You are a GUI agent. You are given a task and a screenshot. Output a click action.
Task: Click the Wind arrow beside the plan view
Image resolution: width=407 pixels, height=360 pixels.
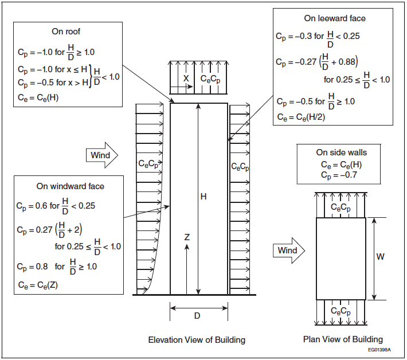[x=288, y=251]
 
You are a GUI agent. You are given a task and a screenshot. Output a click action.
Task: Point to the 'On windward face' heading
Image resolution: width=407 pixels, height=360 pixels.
[x=71, y=186]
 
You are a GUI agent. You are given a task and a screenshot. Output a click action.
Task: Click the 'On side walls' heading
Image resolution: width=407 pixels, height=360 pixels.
[x=342, y=152]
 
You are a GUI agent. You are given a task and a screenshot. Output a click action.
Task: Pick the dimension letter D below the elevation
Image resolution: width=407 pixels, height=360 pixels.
[x=197, y=315]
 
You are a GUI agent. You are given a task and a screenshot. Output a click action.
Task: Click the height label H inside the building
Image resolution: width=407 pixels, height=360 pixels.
[x=203, y=197]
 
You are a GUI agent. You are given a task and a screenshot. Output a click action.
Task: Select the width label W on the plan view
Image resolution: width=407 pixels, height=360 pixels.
[x=380, y=257]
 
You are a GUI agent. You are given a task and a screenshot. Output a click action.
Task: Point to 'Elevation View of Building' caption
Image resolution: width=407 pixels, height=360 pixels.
[x=197, y=339]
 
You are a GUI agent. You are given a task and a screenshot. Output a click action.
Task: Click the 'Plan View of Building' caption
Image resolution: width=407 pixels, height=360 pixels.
[x=343, y=339]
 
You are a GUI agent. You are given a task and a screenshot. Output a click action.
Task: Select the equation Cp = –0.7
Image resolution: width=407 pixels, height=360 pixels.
[x=339, y=175]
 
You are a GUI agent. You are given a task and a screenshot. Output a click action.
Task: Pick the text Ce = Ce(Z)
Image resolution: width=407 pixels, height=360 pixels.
[x=38, y=285]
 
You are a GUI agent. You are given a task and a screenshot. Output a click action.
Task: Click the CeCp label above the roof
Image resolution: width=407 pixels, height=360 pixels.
[x=210, y=79]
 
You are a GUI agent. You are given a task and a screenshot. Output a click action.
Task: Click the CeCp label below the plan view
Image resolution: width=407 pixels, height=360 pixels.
[x=341, y=311]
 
